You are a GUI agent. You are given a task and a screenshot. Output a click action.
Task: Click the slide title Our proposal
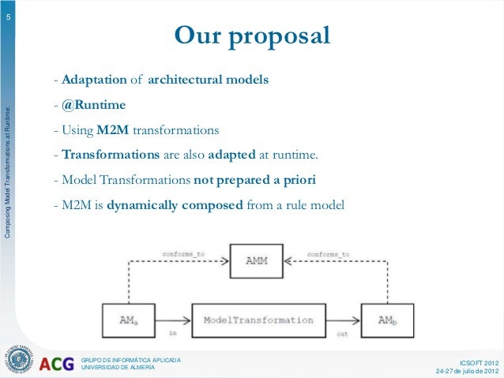coord(252,36)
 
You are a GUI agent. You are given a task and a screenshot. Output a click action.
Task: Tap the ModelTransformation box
coord(258,320)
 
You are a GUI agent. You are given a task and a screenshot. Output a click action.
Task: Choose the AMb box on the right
coord(387,320)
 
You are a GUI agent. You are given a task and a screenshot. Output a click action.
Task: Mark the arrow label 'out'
coord(342,334)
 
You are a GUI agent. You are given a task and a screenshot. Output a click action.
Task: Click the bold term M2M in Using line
coord(114,130)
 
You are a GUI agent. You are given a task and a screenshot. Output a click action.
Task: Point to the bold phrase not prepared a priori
coord(254,181)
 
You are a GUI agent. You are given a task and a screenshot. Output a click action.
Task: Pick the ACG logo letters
coord(57,364)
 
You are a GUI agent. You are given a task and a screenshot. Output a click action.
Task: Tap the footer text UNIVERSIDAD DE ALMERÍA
coord(123,368)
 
